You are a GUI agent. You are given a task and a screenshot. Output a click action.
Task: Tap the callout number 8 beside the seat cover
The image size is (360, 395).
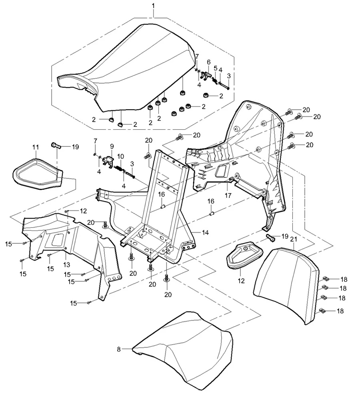pos(119,349)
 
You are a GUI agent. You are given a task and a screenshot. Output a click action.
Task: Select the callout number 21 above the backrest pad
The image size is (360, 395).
pos(293,239)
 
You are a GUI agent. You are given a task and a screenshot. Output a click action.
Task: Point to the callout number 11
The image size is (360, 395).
pos(35,147)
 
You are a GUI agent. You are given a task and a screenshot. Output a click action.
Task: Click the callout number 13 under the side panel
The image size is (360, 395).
pos(66,265)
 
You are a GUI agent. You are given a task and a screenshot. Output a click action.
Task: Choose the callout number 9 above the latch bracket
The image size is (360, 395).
pos(112,146)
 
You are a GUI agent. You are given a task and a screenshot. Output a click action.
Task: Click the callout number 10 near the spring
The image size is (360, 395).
pos(120,156)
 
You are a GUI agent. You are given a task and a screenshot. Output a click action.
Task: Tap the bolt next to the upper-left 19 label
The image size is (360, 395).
pos(56,145)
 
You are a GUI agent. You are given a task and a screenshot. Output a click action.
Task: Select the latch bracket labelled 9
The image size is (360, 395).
pos(107,162)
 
